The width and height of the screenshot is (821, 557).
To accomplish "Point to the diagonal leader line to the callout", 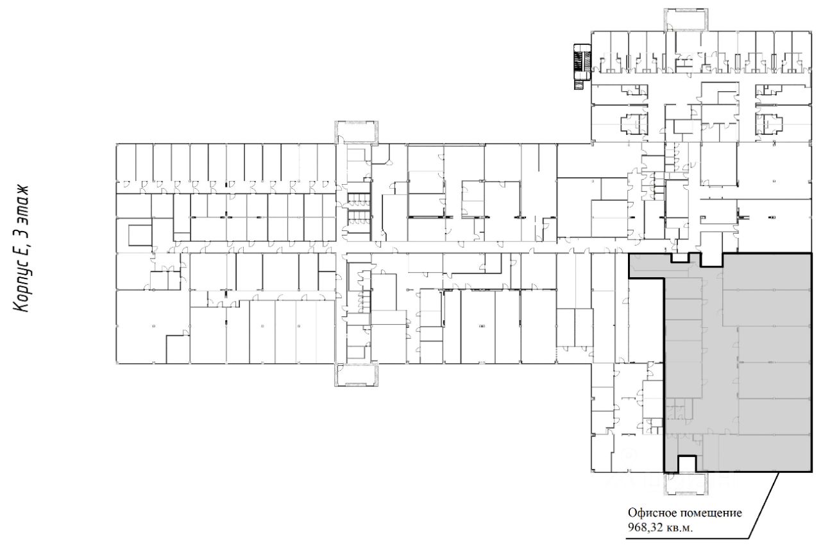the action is tap(763, 507).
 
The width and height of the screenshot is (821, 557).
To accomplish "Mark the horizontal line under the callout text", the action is tap(686, 537).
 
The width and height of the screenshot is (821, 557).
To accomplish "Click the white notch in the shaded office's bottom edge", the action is tap(687, 464).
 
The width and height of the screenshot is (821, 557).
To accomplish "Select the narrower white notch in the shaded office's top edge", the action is tap(680, 258).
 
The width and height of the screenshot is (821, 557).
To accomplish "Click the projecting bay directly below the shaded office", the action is tap(687, 484).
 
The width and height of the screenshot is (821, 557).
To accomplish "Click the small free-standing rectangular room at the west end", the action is tap(139, 235).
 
